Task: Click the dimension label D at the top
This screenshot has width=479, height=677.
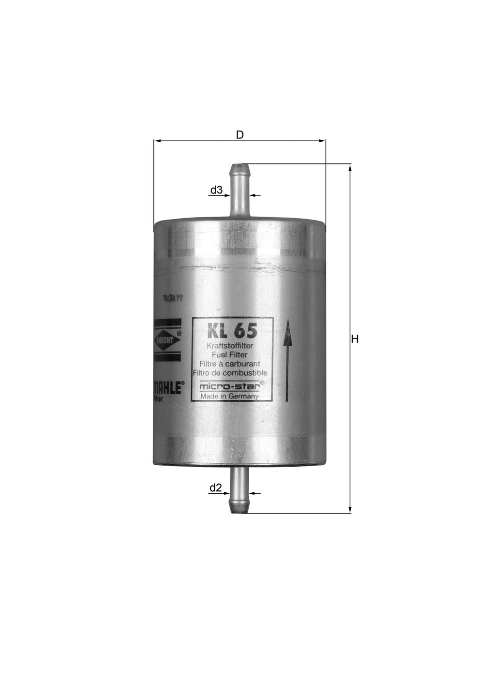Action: [x=239, y=134]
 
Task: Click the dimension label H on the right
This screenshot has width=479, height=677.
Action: [x=355, y=339]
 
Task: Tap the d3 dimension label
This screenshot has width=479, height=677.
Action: [x=216, y=190]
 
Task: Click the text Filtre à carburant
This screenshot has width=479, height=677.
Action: [x=230, y=364]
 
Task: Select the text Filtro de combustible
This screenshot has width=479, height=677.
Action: [x=230, y=373]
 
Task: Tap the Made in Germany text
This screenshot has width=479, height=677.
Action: [x=229, y=396]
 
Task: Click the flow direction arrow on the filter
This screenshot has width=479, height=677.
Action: [x=287, y=360]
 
